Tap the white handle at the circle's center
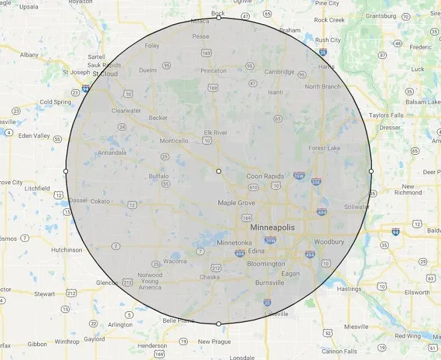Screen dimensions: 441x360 218,172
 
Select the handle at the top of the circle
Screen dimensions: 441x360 218,18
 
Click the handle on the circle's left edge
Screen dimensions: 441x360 66,172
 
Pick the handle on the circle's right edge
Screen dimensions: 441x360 371,172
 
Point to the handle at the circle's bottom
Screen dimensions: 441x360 218,324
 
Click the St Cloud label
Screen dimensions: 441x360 105,74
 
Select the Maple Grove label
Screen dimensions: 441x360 236,203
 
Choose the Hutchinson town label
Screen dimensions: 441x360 67,249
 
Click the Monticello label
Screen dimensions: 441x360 174,141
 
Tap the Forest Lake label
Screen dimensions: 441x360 325,148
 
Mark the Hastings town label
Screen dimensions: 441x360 349,289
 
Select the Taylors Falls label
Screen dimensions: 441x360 387,114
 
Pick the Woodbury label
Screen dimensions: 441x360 329,242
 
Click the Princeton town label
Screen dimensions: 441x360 214,70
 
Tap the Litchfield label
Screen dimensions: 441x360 37,188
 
